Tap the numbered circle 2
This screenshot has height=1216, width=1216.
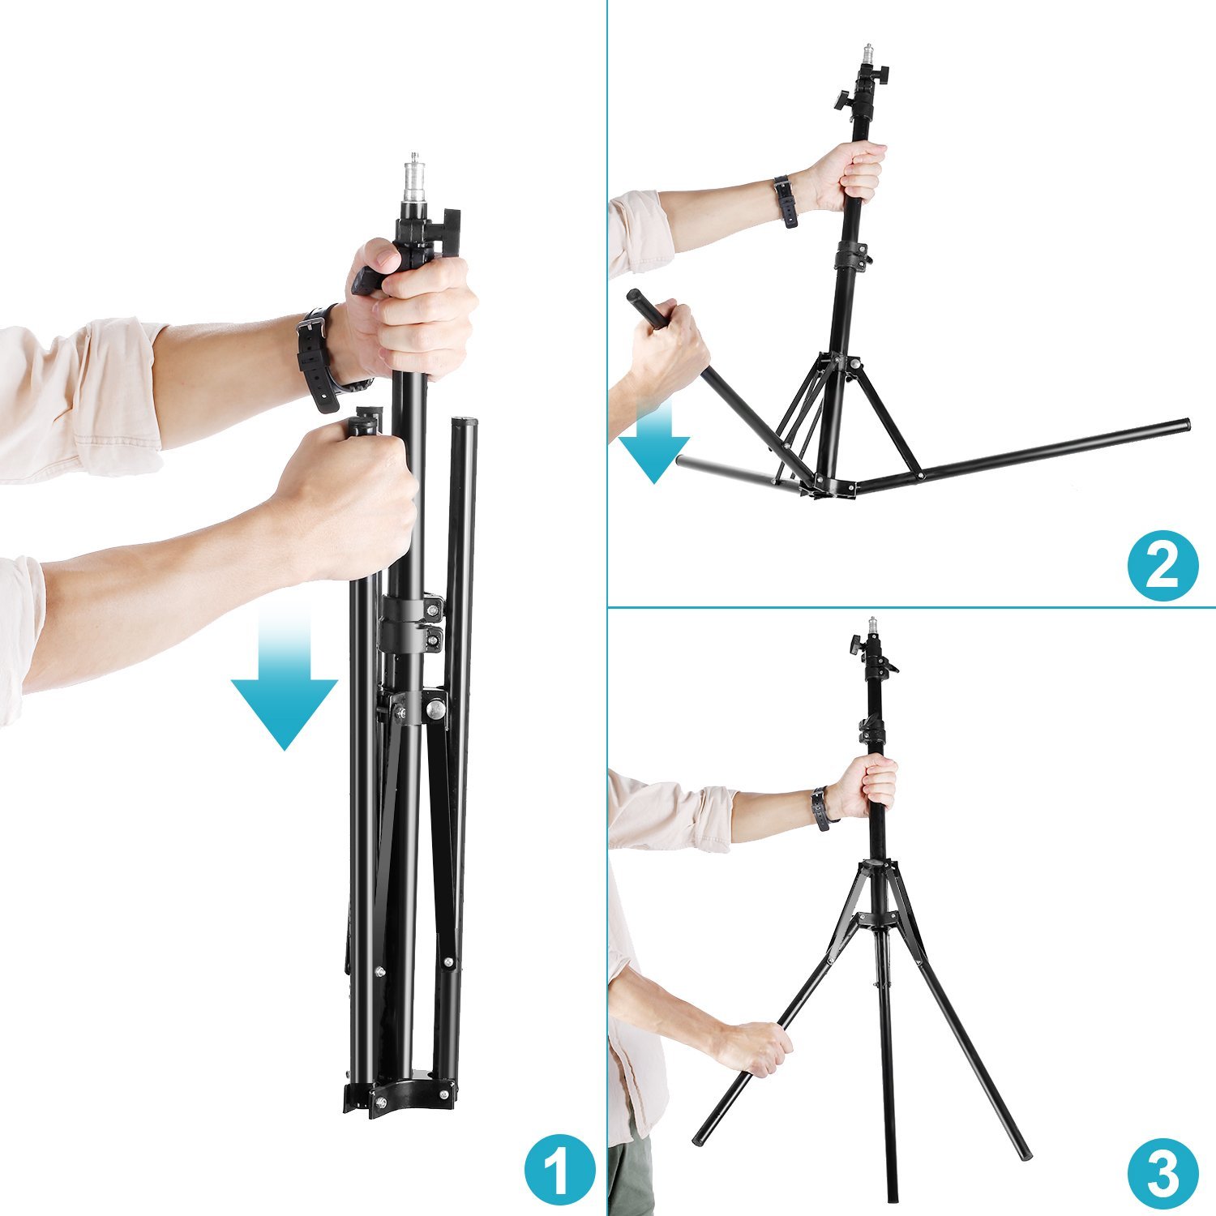pos(1162,566)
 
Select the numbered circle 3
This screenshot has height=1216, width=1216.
pos(1162,1172)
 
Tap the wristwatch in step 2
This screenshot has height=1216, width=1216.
pos(785,200)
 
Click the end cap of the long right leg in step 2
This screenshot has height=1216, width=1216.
pos(1184,424)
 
